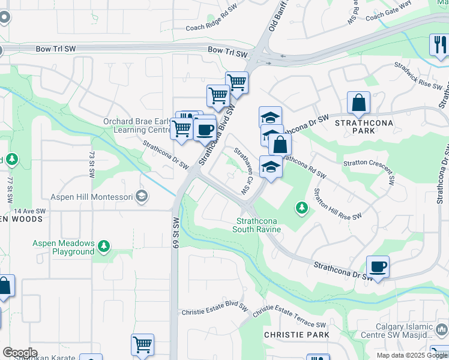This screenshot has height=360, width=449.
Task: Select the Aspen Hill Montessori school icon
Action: point(141,196)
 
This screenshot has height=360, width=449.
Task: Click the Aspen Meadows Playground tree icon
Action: point(104,246)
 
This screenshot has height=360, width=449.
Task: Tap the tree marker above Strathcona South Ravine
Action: point(302,208)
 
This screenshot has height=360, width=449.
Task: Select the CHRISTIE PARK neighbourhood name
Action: point(297,334)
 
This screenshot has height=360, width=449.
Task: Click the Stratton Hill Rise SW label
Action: point(337,205)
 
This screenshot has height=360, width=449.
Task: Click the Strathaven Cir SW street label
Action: point(242,170)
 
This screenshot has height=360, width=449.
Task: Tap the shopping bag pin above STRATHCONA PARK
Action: point(358,103)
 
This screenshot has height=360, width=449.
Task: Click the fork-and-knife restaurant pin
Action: point(438,45)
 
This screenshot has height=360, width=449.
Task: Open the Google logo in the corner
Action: point(20,353)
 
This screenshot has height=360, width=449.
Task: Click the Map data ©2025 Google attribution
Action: point(412,355)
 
